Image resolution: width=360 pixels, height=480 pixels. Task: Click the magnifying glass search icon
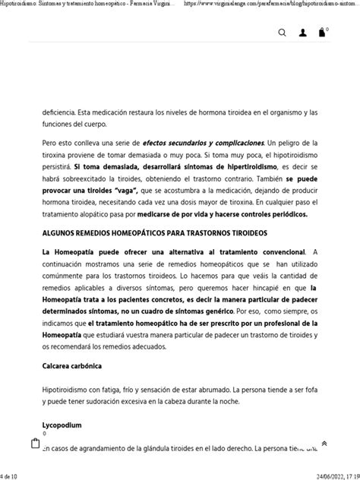pyautogui.click(x=283, y=33)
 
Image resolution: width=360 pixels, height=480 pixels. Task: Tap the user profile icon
pyautogui.click(x=303, y=33)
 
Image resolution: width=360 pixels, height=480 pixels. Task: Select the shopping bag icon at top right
pyautogui.click(x=322, y=33)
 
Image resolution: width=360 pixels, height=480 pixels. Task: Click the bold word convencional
pyautogui.click(x=272, y=251)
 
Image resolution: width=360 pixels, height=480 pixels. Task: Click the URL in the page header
pyautogui.click(x=270, y=5)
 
